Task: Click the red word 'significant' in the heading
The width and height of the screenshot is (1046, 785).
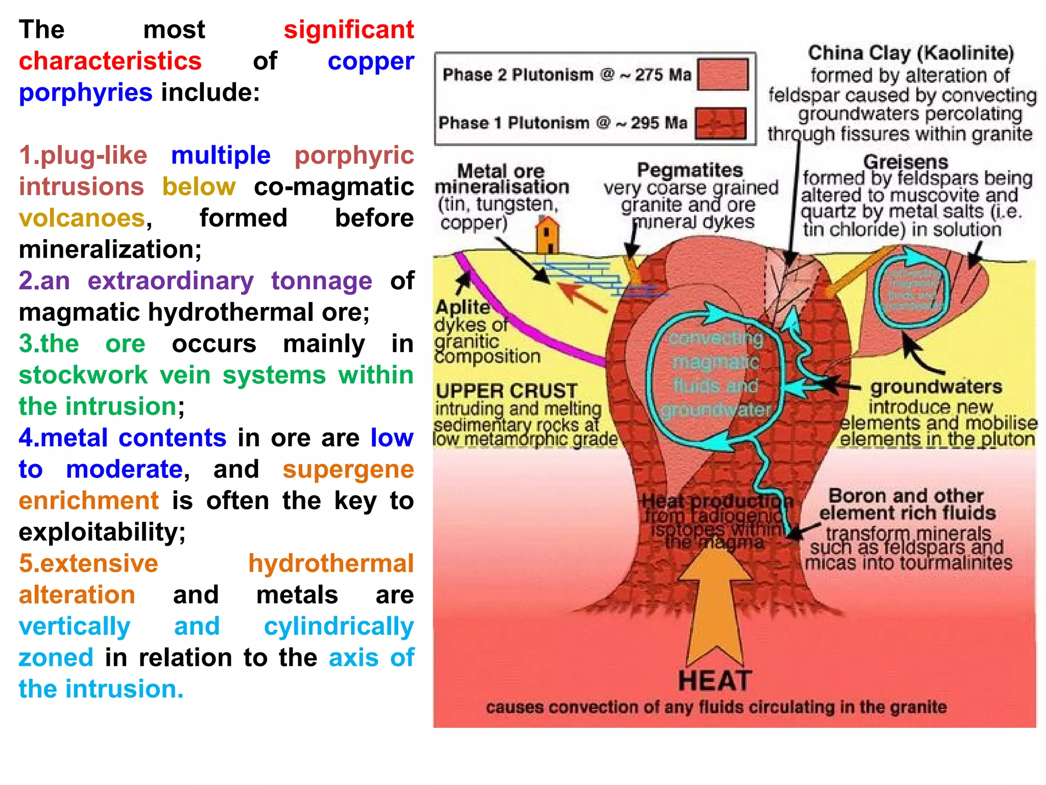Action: click(348, 30)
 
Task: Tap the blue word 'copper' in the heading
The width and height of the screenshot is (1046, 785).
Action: click(370, 61)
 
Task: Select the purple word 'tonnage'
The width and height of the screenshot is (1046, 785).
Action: click(321, 281)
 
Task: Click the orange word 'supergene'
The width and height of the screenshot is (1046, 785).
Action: click(348, 469)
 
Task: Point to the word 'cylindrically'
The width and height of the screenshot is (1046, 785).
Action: click(339, 627)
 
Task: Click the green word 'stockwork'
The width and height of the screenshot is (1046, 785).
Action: click(83, 375)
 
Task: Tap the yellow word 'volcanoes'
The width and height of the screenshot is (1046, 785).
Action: click(82, 218)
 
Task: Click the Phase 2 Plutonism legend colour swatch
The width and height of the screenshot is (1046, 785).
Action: click(722, 75)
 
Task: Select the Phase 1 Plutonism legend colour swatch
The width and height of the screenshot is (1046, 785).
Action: click(721, 123)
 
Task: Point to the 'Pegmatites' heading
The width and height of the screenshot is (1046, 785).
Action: click(690, 170)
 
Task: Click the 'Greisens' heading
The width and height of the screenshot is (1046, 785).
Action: click(906, 162)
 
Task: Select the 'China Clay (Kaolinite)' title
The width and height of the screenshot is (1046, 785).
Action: click(911, 53)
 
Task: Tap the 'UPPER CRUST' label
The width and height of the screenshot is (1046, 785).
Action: click(506, 391)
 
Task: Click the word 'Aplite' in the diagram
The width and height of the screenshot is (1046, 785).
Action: click(462, 307)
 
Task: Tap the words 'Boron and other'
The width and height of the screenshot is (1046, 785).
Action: click(906, 496)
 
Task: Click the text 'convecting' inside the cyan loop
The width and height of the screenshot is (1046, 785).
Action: click(716, 338)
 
